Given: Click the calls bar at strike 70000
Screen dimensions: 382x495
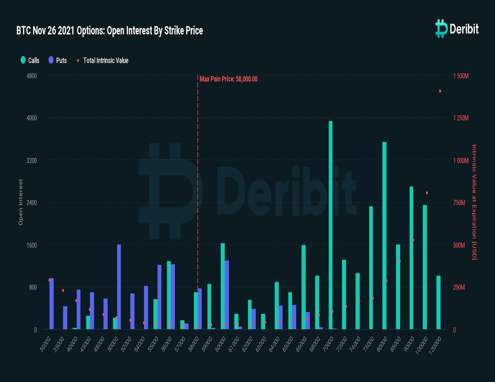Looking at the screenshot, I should tap(331, 226).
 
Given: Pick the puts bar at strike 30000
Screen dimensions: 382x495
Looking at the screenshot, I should tap(52, 304).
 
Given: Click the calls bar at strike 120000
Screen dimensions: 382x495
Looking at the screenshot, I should tap(438, 303).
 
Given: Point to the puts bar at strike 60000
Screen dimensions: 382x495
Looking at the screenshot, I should tap(227, 295).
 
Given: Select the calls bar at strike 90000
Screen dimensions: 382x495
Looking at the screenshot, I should tap(411, 258).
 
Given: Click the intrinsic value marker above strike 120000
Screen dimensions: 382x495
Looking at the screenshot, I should tap(440, 91).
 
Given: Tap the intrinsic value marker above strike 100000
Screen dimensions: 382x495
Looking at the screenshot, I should tap(427, 193).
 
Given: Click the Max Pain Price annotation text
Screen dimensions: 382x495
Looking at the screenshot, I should tap(228, 79).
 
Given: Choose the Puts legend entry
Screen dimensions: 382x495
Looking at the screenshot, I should tap(58, 60).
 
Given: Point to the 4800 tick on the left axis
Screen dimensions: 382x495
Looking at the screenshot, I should tap(32, 76).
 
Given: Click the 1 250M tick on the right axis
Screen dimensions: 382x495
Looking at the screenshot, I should tap(461, 118).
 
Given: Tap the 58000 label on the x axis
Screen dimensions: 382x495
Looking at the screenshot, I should tap(194, 344).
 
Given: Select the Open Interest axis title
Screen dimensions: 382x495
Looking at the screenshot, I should tap(21, 202).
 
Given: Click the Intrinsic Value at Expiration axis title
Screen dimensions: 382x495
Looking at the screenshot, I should tap(474, 202).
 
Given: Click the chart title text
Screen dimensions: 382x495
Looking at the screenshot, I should tap(110, 31).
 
